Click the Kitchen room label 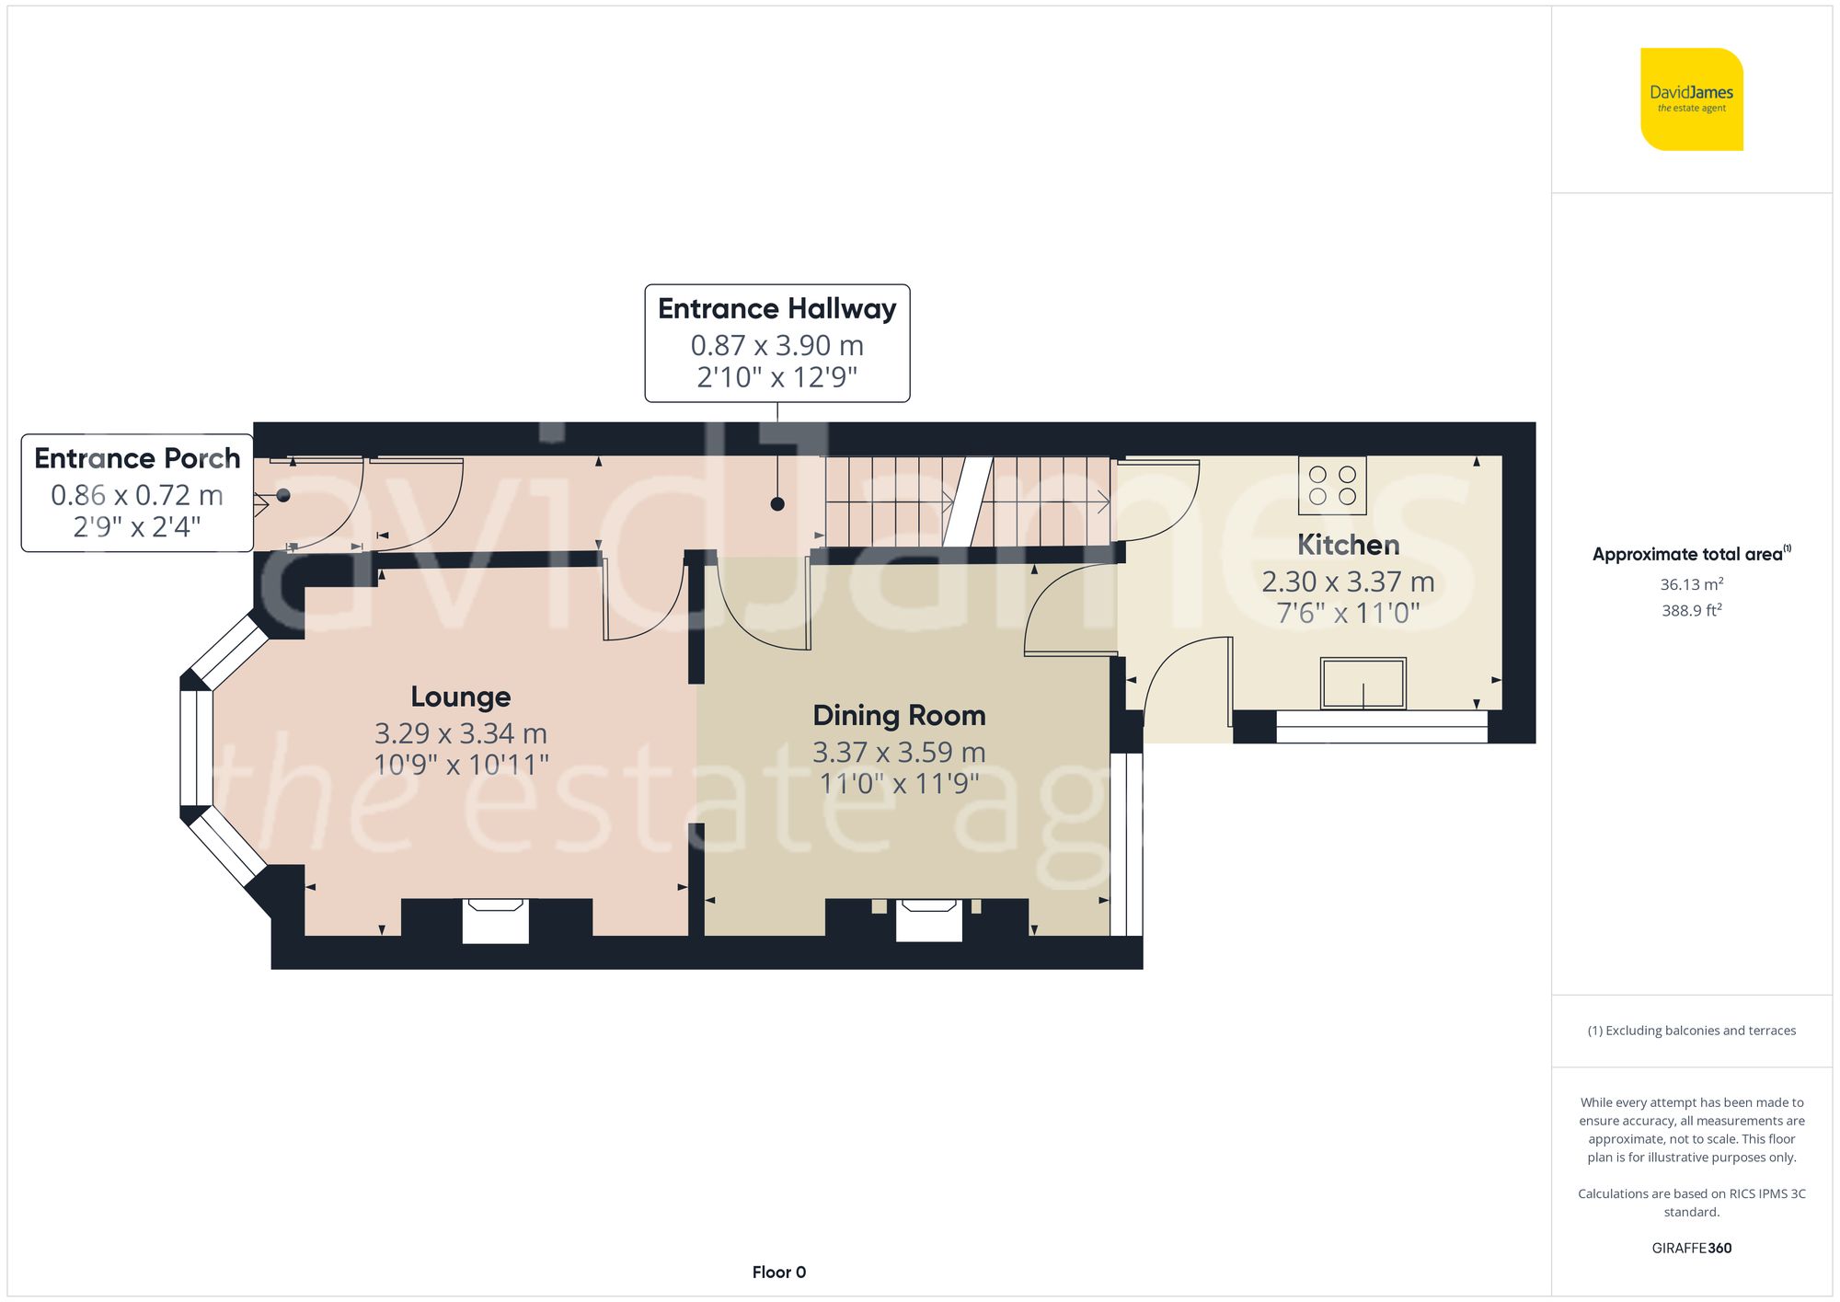[1348, 545]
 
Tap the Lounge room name [460, 697]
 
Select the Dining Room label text [899, 715]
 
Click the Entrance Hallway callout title [777, 308]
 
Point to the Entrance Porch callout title [137, 457]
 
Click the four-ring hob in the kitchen [1332, 485]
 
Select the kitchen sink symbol [1363, 683]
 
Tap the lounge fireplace [495, 920]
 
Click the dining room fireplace [929, 920]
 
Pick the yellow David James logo [1692, 99]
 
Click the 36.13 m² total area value [1692, 584]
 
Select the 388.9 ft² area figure [1692, 610]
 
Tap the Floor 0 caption [779, 1273]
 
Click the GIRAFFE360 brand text [1692, 1249]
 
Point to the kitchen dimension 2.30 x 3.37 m [1348, 582]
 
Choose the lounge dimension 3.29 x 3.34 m [460, 733]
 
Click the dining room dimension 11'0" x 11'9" [899, 783]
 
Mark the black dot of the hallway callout [777, 504]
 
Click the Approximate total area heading [1692, 554]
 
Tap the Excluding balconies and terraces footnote [1692, 1031]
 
